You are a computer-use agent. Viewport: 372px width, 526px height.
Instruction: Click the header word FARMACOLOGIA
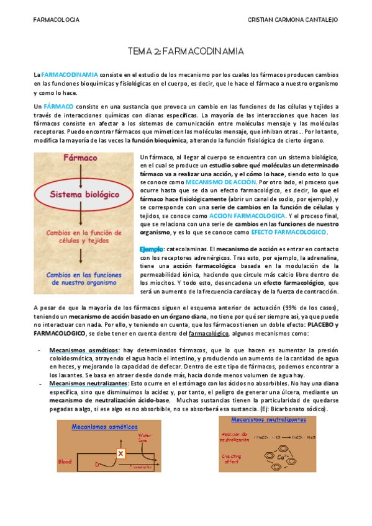pos(56,20)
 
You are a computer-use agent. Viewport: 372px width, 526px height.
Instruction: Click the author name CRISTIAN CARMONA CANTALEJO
pos(293,20)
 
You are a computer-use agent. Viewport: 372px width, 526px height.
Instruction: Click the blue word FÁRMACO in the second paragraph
pos(59,107)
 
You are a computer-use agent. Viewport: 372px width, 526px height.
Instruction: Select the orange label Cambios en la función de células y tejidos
pos(84,237)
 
